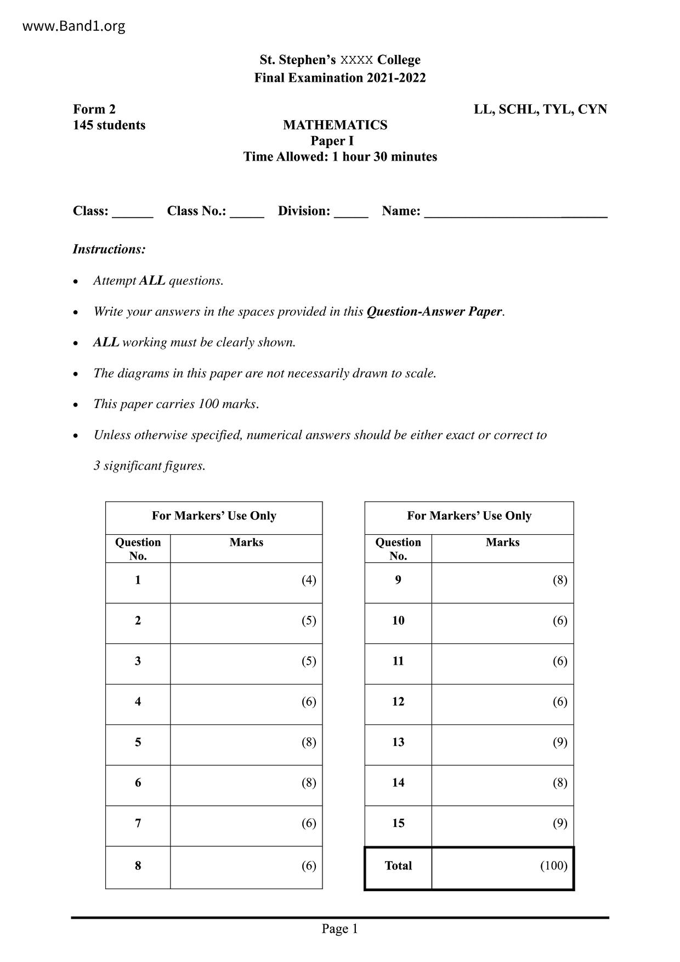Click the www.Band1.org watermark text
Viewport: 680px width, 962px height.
pyautogui.click(x=73, y=26)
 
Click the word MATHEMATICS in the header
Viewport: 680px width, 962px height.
pyautogui.click(x=335, y=125)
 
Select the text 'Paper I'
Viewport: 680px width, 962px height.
pyautogui.click(x=332, y=141)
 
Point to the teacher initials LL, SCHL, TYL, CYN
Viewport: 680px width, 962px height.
pyautogui.click(x=540, y=109)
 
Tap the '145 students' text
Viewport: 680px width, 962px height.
pyautogui.click(x=109, y=125)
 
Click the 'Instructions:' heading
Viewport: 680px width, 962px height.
pyautogui.click(x=109, y=249)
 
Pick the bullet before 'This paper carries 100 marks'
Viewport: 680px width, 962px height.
pyautogui.click(x=76, y=405)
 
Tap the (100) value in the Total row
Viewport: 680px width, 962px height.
pyautogui.click(x=553, y=865)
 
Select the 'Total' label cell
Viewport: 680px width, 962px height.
pyautogui.click(x=398, y=865)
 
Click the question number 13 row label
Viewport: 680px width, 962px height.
pyautogui.click(x=398, y=742)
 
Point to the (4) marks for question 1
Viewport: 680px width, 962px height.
pyautogui.click(x=309, y=580)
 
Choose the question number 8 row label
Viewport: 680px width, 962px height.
pyautogui.click(x=138, y=865)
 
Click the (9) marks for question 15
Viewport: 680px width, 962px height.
pyautogui.click(x=559, y=823)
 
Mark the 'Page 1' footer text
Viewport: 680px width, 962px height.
pyautogui.click(x=339, y=929)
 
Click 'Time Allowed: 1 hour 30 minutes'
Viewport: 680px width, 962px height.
pyautogui.click(x=340, y=157)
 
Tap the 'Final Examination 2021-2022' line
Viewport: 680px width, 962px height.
pyautogui.click(x=340, y=78)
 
